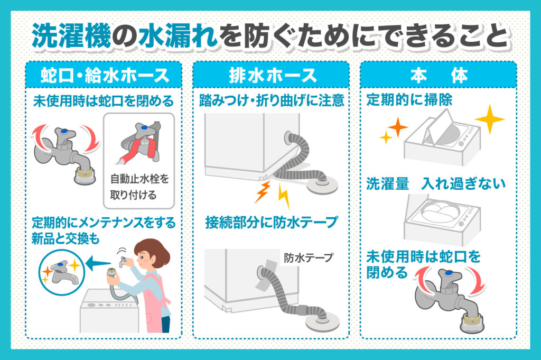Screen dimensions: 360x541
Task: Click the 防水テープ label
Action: coord(309,258)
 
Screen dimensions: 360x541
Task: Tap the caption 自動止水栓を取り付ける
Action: coord(139,187)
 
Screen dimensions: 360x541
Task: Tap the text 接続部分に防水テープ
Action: coord(271,222)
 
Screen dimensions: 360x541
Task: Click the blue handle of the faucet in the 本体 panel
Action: coord(447,273)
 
